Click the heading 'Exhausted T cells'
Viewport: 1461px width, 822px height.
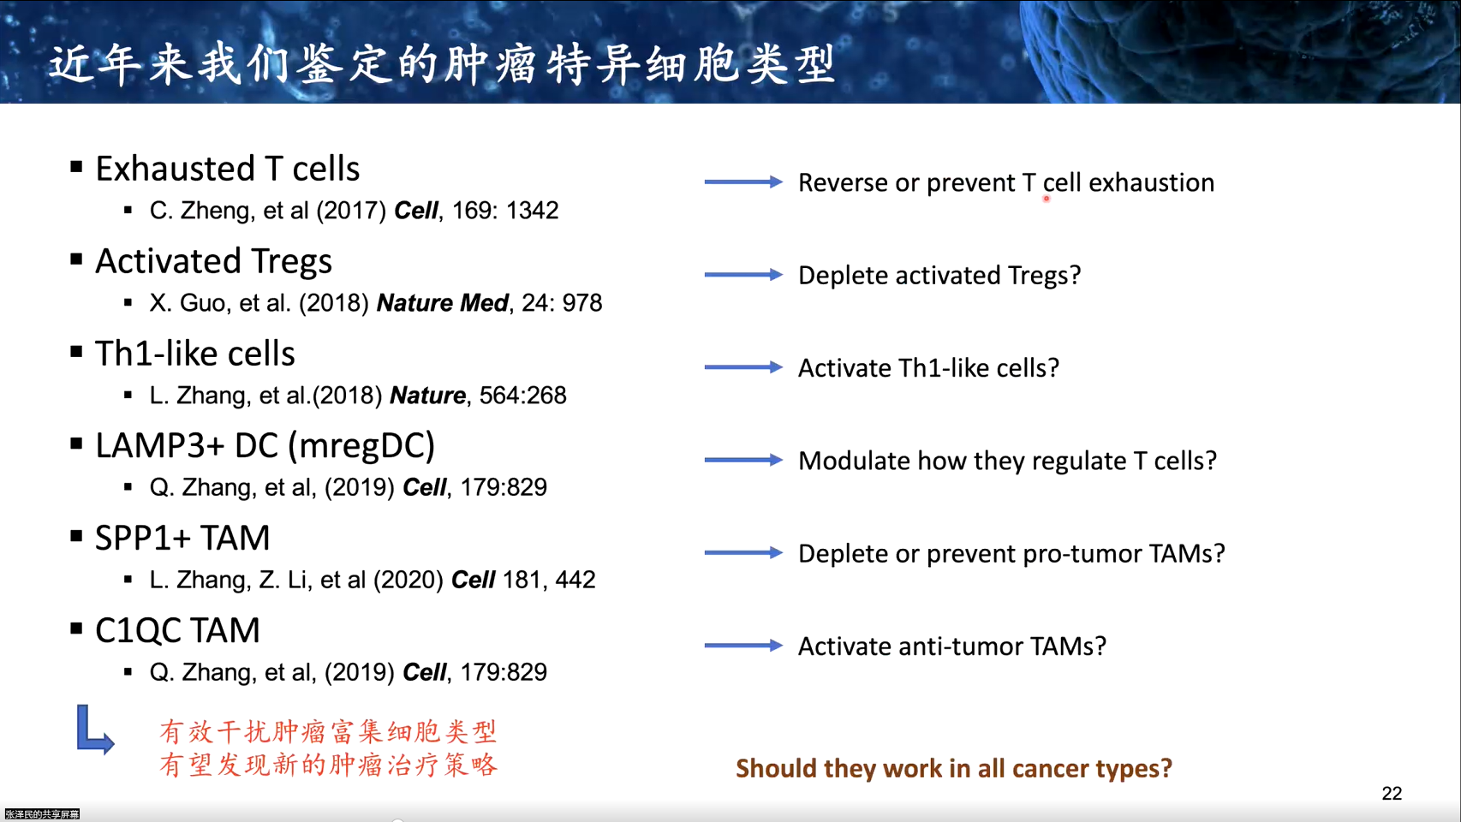228,169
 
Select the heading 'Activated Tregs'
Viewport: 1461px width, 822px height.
214,262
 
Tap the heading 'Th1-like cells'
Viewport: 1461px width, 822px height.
195,354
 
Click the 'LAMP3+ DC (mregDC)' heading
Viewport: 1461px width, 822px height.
265,446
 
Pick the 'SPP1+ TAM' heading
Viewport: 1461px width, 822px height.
182,539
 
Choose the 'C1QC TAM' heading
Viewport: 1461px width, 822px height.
177,631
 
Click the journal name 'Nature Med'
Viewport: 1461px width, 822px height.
442,303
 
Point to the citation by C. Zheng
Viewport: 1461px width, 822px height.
355,211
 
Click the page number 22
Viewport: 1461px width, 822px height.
1392,793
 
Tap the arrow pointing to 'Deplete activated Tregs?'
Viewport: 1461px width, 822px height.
743,275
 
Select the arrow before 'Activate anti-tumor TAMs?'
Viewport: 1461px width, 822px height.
743,646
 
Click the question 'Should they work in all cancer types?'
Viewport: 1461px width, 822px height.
954,769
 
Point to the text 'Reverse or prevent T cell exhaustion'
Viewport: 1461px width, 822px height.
1006,182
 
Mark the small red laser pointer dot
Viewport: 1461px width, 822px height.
1047,199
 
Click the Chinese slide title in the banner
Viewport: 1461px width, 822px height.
442,64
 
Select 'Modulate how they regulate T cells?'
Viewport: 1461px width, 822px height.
1008,461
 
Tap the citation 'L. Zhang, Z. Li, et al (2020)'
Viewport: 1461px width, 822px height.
296,580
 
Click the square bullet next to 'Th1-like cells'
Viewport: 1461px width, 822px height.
76,352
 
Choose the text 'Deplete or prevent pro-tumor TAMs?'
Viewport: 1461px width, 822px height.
1011,553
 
